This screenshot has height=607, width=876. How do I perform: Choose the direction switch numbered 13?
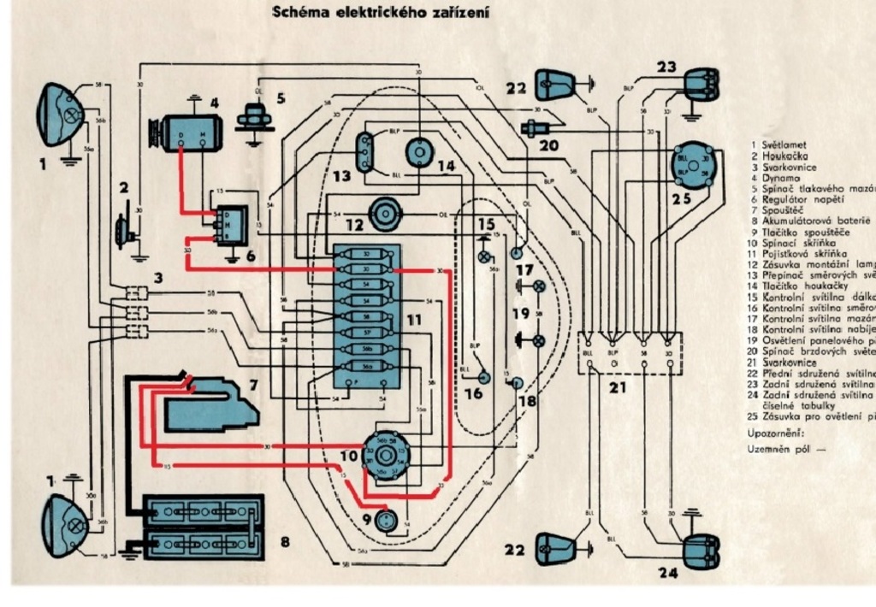pyautogui.click(x=366, y=151)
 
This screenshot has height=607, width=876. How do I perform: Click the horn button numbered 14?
pyautogui.click(x=420, y=152)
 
